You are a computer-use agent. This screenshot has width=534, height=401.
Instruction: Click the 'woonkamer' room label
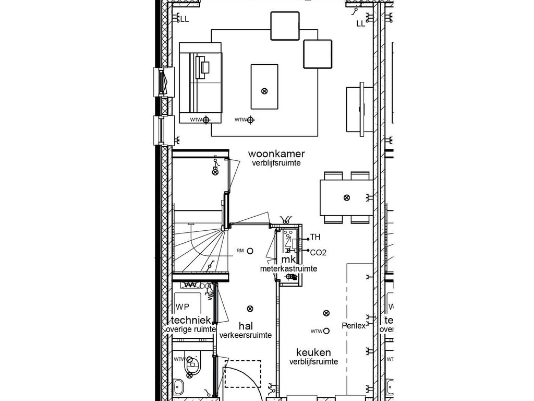click(x=276, y=154)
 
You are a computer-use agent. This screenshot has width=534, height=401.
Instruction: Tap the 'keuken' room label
click(x=313, y=352)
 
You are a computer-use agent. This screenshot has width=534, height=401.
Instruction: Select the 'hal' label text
click(x=245, y=326)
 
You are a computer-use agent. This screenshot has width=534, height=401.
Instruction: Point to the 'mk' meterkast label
click(x=288, y=260)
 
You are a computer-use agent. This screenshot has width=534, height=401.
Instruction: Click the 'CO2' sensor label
click(x=318, y=252)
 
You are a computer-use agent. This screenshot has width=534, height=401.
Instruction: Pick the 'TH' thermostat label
click(x=315, y=238)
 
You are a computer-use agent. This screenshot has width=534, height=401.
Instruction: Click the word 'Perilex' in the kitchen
click(x=354, y=325)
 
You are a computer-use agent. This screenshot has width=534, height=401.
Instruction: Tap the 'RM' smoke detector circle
click(x=250, y=251)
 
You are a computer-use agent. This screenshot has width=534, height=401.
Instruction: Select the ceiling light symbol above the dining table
click(x=346, y=197)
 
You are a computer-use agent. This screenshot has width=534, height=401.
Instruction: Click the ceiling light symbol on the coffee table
click(x=264, y=91)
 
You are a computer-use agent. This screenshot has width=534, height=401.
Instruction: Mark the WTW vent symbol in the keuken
click(x=326, y=331)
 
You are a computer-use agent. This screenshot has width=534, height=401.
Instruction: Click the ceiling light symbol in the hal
click(x=250, y=308)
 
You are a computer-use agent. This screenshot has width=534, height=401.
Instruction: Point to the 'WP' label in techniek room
click(x=182, y=306)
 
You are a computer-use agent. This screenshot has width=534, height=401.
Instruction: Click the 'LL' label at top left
click(x=184, y=20)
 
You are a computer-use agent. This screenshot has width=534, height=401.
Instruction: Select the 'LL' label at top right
click(x=361, y=23)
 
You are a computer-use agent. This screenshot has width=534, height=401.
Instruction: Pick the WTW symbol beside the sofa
click(x=206, y=120)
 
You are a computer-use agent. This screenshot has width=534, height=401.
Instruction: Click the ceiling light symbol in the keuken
click(x=326, y=313)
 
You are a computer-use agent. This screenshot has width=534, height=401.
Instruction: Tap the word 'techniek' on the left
click(x=188, y=320)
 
